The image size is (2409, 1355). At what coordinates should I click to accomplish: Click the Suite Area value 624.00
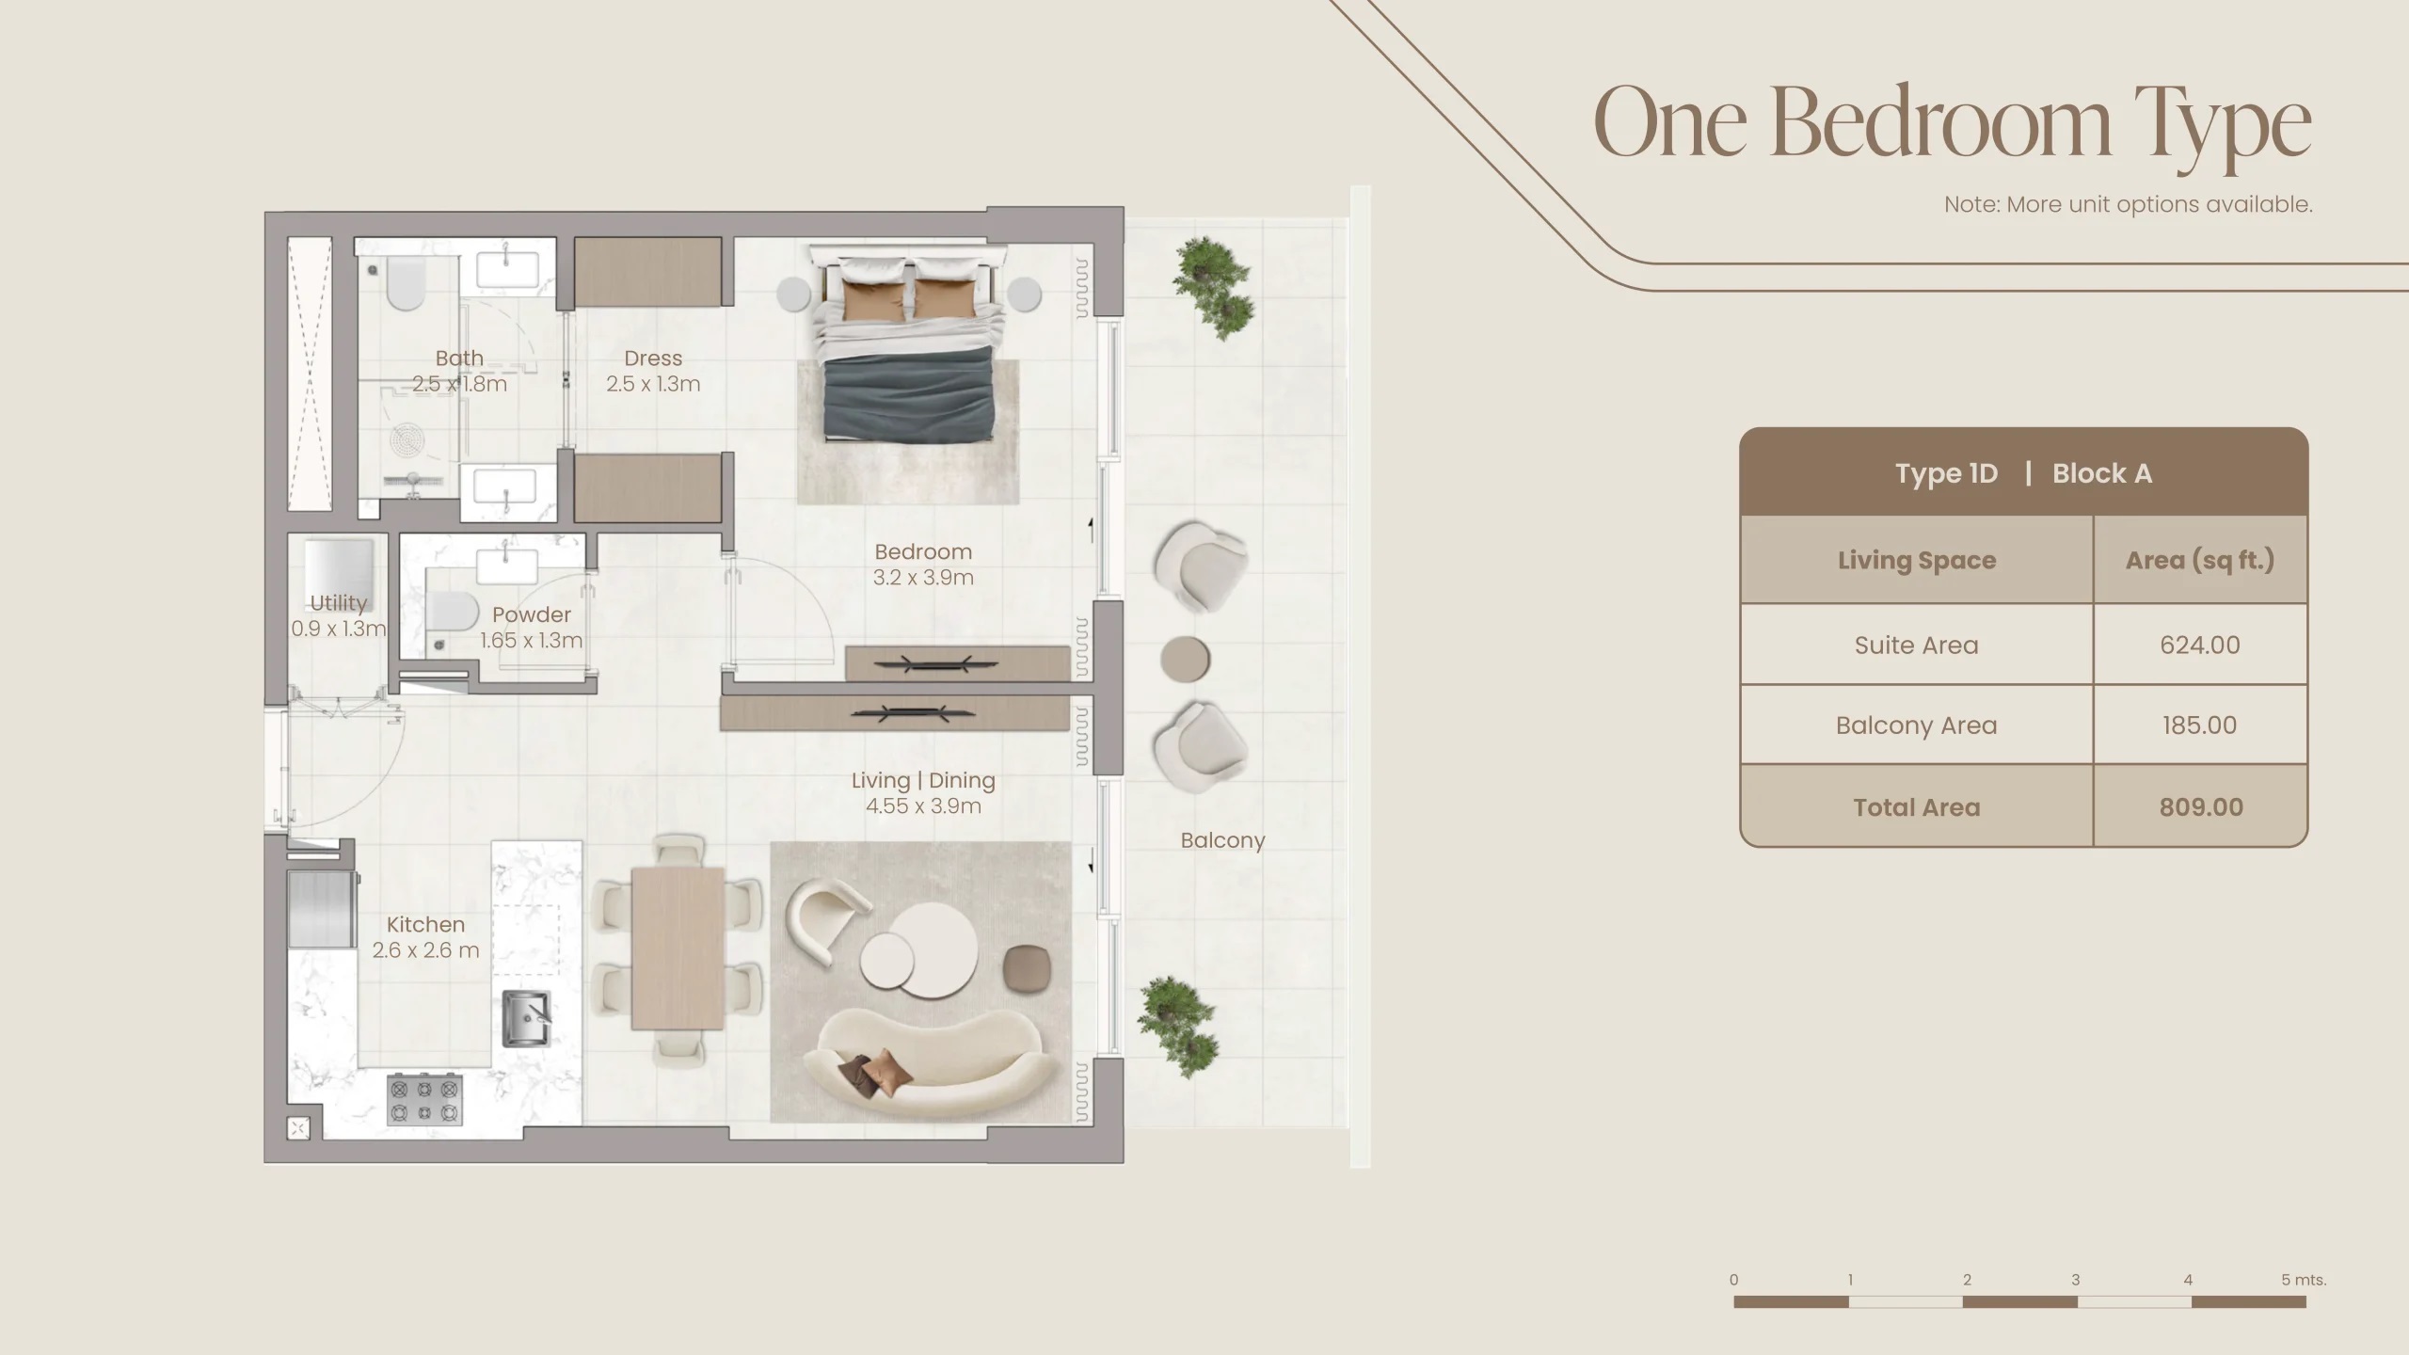coord(2199,645)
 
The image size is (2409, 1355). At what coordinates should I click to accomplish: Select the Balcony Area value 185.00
coord(2199,725)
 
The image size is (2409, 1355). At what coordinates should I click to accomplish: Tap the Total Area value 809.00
coord(2200,806)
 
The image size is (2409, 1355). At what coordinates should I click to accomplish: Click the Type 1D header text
coord(1946,473)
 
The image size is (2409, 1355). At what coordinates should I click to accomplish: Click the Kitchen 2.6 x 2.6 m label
coord(425,937)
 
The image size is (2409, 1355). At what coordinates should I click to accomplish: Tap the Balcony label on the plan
coord(1222,840)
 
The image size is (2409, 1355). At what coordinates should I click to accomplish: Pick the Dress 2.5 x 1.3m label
coord(653,371)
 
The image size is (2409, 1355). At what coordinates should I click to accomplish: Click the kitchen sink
coord(526,1018)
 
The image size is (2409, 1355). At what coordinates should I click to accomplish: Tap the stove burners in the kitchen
coord(424,1100)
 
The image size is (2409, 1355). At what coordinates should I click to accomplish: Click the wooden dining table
coord(678,948)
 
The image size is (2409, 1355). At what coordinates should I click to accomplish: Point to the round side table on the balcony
coord(1185,659)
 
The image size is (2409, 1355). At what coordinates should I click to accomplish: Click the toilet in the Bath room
coord(406,284)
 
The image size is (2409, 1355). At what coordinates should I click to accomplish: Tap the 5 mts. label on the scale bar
coord(2303,1280)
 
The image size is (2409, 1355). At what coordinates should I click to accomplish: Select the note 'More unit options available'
coord(2128,204)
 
